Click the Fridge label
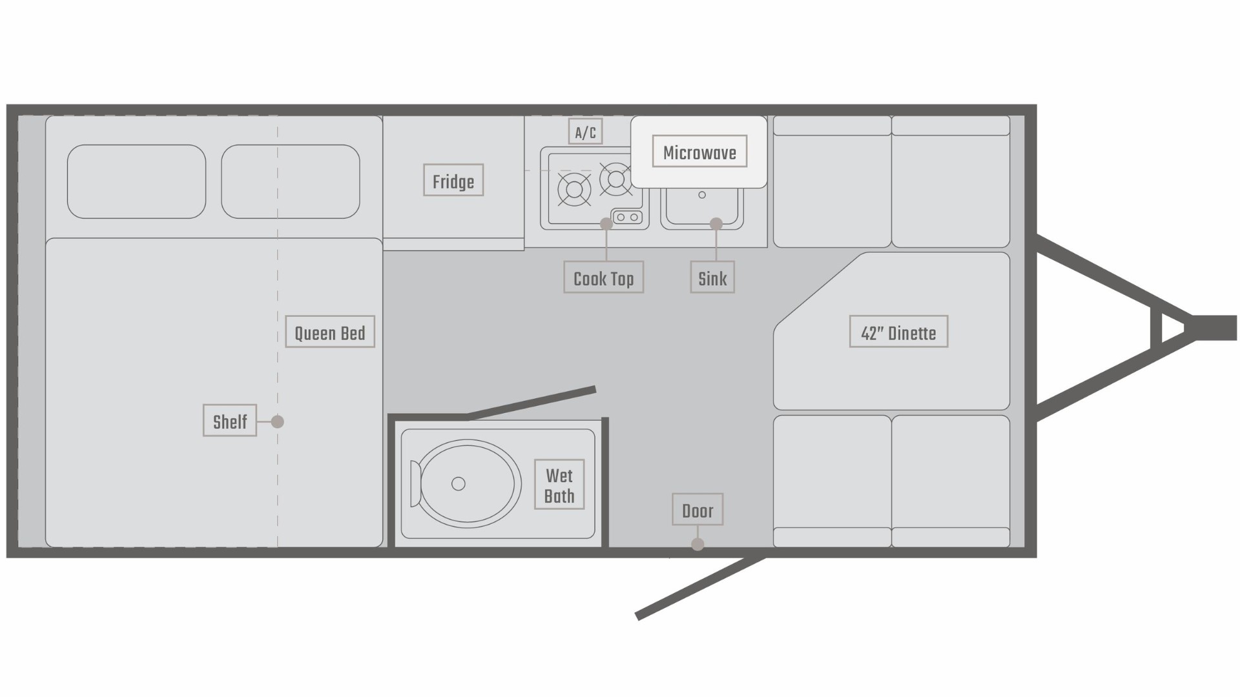tap(453, 181)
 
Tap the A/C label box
tap(585, 132)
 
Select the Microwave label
tap(699, 152)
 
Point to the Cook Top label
tap(603, 278)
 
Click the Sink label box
tap(712, 278)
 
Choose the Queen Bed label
tap(330, 332)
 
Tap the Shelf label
tap(230, 421)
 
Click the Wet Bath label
tap(559, 485)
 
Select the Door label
tap(697, 510)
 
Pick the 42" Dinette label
tap(898, 332)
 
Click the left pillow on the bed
tap(136, 181)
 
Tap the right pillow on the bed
tap(291, 181)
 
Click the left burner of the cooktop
tap(573, 190)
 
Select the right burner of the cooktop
tap(615, 179)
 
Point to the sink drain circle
tap(702, 195)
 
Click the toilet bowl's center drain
tap(459, 484)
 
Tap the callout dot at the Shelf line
tap(278, 421)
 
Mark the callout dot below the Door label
tap(697, 545)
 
